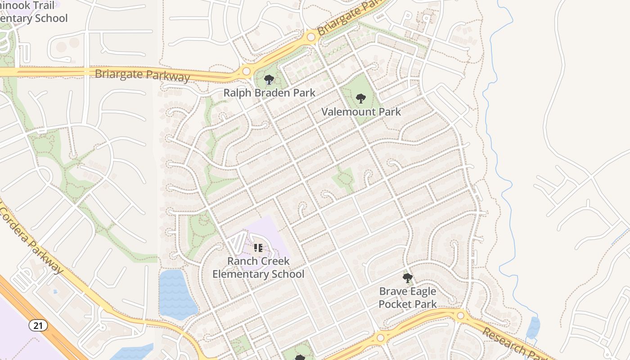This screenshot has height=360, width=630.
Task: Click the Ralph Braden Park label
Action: pyautogui.click(x=269, y=93)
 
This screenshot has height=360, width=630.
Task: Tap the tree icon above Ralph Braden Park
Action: pyautogui.click(x=269, y=80)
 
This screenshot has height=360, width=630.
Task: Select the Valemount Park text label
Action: pyautogui.click(x=361, y=112)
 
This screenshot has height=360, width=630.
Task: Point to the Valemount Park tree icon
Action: pyautogui.click(x=360, y=98)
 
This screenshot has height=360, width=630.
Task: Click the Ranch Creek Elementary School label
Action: pyautogui.click(x=258, y=268)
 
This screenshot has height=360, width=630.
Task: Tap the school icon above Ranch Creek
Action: pyautogui.click(x=258, y=248)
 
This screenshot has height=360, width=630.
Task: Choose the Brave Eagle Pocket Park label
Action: pyautogui.click(x=408, y=298)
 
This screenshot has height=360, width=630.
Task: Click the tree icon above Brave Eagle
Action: pyautogui.click(x=408, y=278)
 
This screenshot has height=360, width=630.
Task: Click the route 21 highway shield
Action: pyautogui.click(x=39, y=325)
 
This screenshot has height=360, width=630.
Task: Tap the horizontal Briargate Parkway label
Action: pyautogui.click(x=142, y=75)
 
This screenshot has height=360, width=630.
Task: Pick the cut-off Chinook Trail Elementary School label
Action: pyautogui.click(x=34, y=12)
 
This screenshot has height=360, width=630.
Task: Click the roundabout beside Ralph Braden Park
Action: pyautogui.click(x=246, y=71)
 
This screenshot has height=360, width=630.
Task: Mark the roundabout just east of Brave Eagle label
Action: pyautogui.click(x=460, y=316)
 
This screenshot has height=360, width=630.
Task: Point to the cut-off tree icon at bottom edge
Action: pyautogui.click(x=300, y=358)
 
